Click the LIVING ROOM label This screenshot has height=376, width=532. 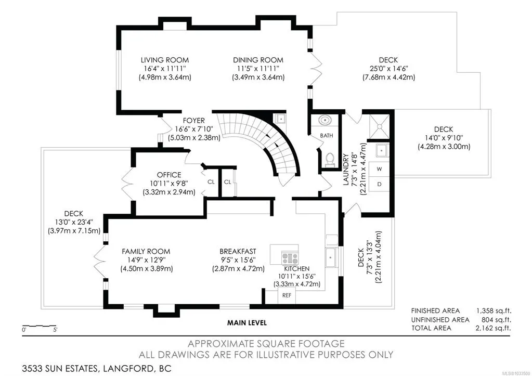click(x=164, y=60)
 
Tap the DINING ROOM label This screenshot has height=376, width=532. click(x=258, y=60)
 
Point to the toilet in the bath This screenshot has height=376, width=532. click(x=330, y=160)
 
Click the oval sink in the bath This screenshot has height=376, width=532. click(x=326, y=120)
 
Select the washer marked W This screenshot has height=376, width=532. click(x=379, y=169)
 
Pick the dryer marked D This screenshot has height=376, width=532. click(x=379, y=184)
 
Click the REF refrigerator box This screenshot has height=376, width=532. click(x=287, y=295)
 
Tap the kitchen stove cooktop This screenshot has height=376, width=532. click(x=290, y=258)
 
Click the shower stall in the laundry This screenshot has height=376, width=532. click(x=379, y=126)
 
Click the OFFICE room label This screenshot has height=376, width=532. click(x=169, y=175)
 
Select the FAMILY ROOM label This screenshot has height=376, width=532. click(x=146, y=252)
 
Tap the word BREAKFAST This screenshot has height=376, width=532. click(x=238, y=252)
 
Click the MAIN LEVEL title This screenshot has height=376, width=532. click(x=247, y=323)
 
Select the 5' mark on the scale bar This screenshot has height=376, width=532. click(x=55, y=330)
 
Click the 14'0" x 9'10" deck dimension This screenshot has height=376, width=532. click(x=444, y=138)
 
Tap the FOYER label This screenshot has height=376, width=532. click(x=194, y=121)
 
